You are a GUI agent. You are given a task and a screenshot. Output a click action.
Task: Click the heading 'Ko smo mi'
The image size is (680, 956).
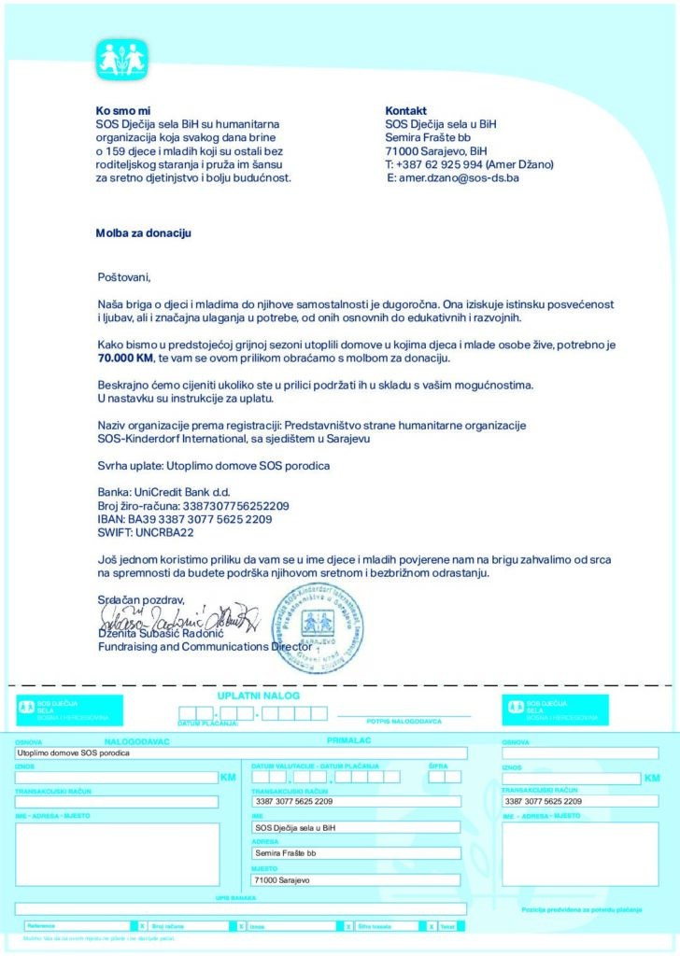pyautogui.click(x=123, y=110)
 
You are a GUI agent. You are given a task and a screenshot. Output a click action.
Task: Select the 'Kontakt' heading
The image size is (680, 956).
pyautogui.click(x=405, y=110)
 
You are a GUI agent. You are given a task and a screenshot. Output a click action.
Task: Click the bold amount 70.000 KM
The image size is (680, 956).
pyautogui.click(x=128, y=358)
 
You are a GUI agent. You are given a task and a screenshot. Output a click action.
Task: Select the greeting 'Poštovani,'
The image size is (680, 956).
pyautogui.click(x=123, y=277)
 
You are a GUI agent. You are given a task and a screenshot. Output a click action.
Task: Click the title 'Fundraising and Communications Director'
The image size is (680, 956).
pyautogui.click(x=205, y=646)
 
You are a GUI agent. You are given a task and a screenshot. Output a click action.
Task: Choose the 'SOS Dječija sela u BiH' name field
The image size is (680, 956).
pyautogui.click(x=356, y=827)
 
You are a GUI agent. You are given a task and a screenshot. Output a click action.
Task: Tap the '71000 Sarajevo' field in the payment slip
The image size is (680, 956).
pyautogui.click(x=356, y=879)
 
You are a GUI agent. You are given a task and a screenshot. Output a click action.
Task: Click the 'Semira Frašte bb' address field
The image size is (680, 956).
pyautogui.click(x=356, y=853)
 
